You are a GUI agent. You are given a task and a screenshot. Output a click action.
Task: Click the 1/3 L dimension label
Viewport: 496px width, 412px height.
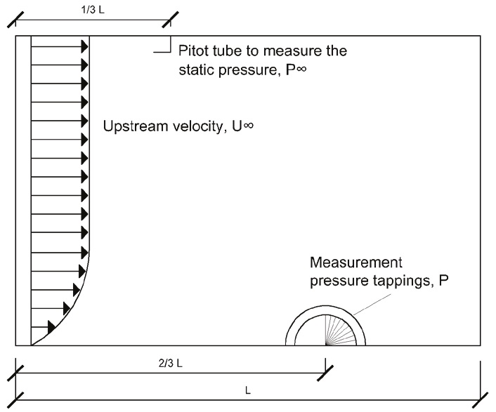93,10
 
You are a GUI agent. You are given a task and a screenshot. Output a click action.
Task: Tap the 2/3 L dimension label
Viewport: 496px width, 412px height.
171,364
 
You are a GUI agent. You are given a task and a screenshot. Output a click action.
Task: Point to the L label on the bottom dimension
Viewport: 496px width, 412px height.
248,390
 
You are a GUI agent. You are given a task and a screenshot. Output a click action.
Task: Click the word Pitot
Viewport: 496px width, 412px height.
193,51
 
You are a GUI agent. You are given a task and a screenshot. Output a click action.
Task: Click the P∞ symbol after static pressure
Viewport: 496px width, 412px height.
296,69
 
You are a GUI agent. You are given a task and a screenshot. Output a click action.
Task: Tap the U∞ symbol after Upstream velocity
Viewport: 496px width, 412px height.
243,126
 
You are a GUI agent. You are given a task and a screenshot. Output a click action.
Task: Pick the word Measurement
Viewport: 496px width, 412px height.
356,263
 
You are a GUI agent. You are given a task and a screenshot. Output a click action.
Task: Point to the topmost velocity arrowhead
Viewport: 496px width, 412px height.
85,47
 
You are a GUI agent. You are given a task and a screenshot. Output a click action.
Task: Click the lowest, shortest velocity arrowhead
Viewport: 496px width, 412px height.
51,327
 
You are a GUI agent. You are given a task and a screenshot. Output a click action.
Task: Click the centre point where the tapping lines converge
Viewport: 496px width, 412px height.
325,345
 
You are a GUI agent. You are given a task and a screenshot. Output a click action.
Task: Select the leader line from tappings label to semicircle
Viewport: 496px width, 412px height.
372,305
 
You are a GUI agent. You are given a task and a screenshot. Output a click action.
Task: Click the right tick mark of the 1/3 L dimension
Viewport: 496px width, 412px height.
170,20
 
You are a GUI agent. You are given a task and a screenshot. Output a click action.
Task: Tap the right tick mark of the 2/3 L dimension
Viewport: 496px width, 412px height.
325,373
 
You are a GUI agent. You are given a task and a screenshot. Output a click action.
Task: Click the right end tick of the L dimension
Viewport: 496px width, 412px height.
480,400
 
